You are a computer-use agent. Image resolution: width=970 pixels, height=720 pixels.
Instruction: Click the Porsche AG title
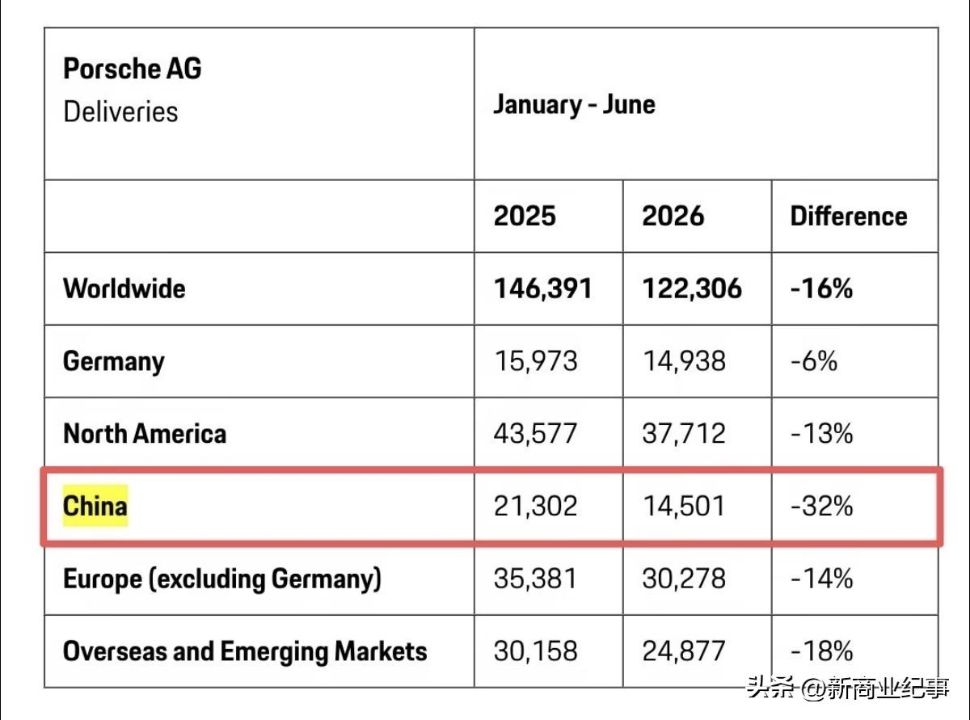click(x=132, y=69)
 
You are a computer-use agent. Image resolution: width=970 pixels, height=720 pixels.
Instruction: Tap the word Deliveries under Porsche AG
click(x=120, y=112)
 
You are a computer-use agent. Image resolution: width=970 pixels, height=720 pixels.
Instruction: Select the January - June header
click(x=574, y=105)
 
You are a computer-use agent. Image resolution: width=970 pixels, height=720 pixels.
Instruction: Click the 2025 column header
click(x=525, y=216)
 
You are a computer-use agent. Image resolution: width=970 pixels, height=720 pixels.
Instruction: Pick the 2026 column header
click(x=673, y=216)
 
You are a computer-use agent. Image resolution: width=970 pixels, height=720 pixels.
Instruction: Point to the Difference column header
click(x=849, y=216)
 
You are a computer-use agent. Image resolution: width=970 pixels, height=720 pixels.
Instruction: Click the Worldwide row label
click(x=124, y=288)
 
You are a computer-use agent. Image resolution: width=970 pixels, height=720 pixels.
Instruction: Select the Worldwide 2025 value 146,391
click(x=542, y=289)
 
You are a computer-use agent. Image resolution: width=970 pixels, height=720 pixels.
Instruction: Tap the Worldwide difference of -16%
click(x=822, y=288)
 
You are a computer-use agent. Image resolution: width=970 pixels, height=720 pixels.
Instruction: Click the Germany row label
click(x=114, y=362)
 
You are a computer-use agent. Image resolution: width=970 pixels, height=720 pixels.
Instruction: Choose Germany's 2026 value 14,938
click(x=684, y=361)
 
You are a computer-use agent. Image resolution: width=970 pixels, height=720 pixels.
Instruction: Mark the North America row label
click(x=145, y=434)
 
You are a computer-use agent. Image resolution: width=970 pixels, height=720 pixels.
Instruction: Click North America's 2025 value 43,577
click(x=535, y=434)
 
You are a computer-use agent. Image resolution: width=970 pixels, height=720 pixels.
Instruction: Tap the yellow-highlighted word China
click(x=95, y=506)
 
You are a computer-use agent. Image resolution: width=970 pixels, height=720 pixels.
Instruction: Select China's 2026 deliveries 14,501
click(x=684, y=507)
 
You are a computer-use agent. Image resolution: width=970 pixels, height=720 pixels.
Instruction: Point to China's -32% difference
click(x=822, y=506)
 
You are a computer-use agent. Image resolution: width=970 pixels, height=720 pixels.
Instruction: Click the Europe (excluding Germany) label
click(x=222, y=579)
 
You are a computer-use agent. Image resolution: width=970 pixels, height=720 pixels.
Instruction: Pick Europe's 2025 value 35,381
click(x=535, y=579)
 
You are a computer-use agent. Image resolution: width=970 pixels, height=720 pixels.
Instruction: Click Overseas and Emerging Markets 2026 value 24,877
click(x=684, y=652)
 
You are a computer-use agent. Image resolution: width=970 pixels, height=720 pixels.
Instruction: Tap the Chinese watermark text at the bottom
click(x=848, y=688)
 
